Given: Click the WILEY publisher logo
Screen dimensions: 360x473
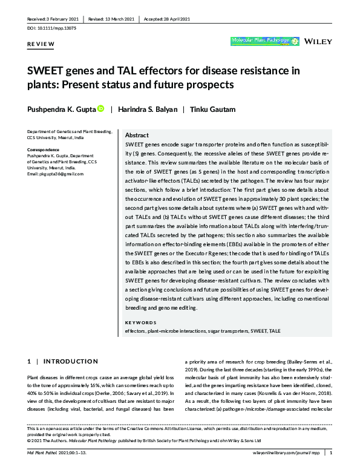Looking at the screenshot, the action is (319, 42).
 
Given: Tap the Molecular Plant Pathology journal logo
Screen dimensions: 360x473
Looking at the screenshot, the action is (265, 42).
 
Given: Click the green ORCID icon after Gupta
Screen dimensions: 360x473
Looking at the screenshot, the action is (101, 109).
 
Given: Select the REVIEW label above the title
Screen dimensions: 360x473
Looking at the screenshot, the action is (41, 45).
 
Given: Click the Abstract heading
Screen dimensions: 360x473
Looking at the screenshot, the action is (137, 135).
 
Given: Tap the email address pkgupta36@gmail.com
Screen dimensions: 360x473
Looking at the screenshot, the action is (55, 174).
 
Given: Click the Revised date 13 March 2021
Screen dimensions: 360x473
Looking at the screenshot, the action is (111, 18).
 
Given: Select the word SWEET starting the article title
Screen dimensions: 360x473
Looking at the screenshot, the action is (45, 71).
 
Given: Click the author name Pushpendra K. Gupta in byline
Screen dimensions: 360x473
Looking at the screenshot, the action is (61, 109).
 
